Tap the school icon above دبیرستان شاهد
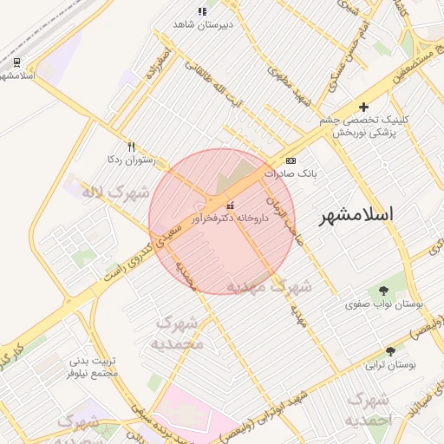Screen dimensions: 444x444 (x=201, y=11)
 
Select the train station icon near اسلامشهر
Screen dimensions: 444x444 (x=16, y=62)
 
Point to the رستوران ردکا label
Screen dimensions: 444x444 (x=130, y=160)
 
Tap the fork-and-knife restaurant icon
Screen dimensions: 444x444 (x=131, y=147)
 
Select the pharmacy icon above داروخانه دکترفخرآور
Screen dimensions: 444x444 (x=230, y=206)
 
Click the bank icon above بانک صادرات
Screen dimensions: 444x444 (x=290, y=160)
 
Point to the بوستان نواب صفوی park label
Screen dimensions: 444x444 (x=383, y=304)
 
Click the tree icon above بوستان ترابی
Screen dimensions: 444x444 (x=390, y=351)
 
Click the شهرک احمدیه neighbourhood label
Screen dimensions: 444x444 (x=369, y=409)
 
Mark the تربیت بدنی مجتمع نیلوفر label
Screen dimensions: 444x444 (x=91, y=368)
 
